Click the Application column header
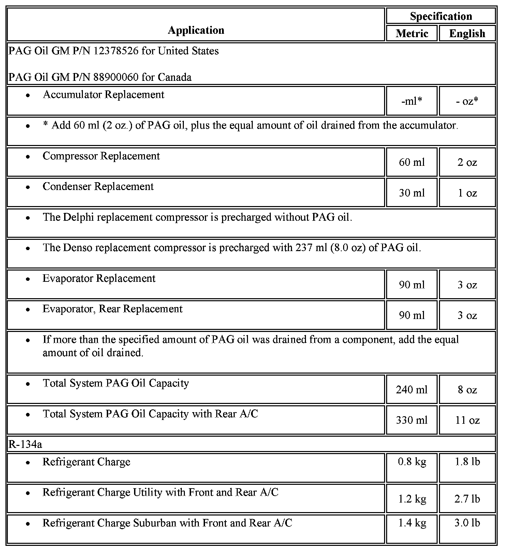[x=196, y=30]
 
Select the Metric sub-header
[x=412, y=33]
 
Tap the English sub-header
[x=467, y=33]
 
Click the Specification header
[x=441, y=16]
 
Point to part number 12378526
[x=116, y=51]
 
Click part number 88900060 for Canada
[x=116, y=77]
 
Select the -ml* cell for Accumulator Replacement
[x=412, y=101]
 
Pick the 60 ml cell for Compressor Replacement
[x=412, y=162]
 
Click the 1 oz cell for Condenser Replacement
[x=467, y=193]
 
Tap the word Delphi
[x=80, y=217]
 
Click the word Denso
[x=79, y=248]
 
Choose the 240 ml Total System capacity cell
[x=412, y=390]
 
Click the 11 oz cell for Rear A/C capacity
[x=467, y=420]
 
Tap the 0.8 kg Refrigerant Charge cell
[x=412, y=462]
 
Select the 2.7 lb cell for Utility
[x=467, y=499]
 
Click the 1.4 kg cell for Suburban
[x=412, y=523]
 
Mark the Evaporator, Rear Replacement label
[x=113, y=309]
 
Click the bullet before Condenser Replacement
[x=28, y=187]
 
